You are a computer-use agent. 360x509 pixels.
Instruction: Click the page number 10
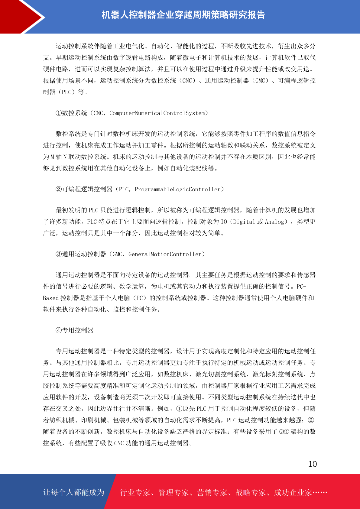(312, 464)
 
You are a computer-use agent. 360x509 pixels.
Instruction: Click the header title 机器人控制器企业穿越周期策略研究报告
(183, 15)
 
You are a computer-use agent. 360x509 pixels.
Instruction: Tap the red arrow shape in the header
(21, 17)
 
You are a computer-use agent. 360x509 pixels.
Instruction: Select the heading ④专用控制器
(74, 330)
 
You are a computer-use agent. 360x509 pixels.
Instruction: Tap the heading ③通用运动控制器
(81, 254)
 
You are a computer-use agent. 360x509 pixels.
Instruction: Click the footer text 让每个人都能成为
(74, 492)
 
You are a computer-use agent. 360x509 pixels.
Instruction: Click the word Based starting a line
(50, 298)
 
